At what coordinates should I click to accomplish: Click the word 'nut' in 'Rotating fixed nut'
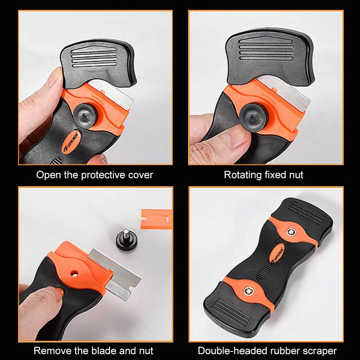(296, 175)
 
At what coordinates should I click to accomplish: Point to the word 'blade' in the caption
(103, 351)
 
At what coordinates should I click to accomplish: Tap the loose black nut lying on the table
(126, 240)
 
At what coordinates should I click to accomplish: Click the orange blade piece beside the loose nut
(156, 219)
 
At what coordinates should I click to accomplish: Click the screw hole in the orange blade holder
(74, 273)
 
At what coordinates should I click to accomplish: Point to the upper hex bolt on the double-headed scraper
(291, 232)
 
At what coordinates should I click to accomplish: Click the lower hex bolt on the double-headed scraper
(248, 291)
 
